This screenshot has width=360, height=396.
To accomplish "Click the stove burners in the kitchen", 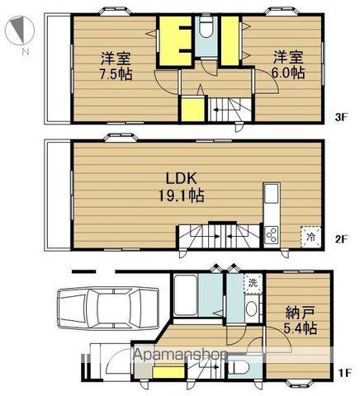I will point(273,235).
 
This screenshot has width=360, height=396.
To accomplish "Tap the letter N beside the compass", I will point(26,52).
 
